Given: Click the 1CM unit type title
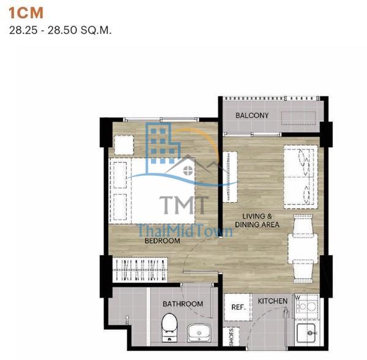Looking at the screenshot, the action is pos(26,13).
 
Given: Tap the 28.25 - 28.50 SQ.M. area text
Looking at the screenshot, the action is pos(60,30).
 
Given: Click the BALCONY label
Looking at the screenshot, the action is pos(252,116).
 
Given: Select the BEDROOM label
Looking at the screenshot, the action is pos(162,241).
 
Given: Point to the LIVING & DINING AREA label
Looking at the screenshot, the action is pos(257,220).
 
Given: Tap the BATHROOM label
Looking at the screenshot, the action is pos(183,304).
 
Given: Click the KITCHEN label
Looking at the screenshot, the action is pos(272,301).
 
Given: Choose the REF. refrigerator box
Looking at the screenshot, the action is pos(239,307).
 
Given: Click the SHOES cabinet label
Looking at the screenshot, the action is pos(231,337).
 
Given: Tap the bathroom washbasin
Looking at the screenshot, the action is pos(199,332).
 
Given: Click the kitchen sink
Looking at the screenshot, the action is pos(306,333).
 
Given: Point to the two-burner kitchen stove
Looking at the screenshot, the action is pos(306,306).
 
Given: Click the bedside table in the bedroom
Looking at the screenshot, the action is pos(124,145).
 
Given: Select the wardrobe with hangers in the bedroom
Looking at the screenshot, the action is pos(140,270).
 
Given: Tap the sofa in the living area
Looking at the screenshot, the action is pos(301,177).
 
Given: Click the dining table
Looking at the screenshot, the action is pos(303,249).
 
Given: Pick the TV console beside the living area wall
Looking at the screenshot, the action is pos(230,177).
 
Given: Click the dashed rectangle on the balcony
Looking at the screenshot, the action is pos(298,118).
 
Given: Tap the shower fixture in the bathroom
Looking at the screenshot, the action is pos(127,320).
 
